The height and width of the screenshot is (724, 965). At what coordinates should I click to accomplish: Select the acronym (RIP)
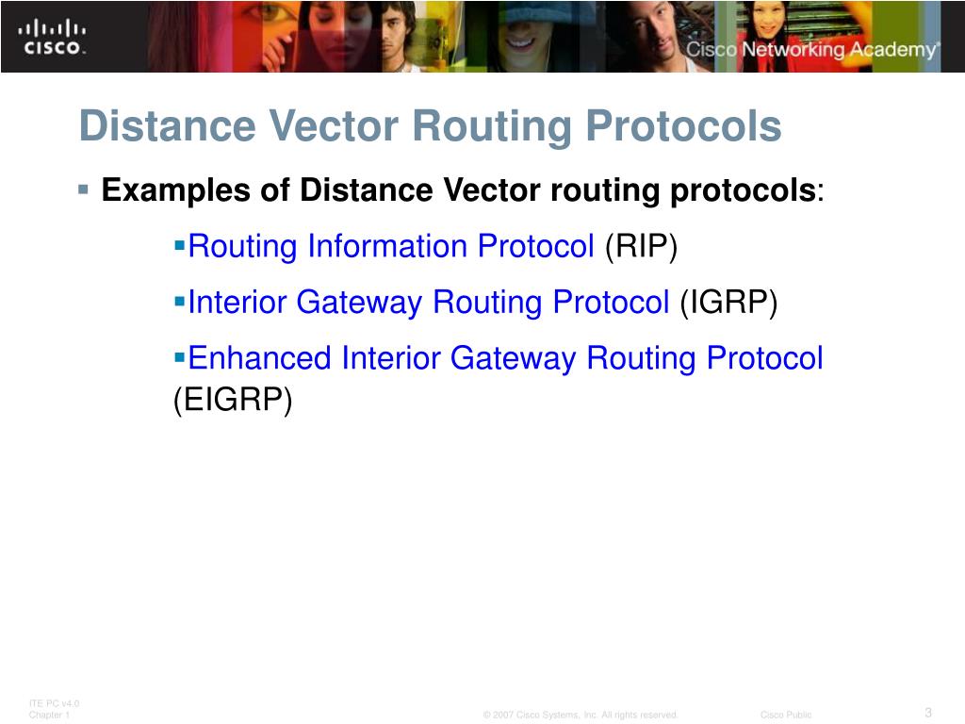[x=641, y=247]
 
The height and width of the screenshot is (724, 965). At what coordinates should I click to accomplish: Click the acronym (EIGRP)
[x=233, y=400]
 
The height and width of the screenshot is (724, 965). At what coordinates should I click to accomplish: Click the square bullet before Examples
[x=84, y=189]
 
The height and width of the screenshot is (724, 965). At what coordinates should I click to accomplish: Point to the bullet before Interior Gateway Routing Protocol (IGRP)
[x=180, y=302]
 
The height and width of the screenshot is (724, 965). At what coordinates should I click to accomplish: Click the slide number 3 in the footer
[x=928, y=712]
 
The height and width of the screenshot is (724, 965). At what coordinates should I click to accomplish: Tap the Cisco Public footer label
[x=786, y=715]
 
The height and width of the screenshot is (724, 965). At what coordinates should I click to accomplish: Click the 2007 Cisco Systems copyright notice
[x=581, y=715]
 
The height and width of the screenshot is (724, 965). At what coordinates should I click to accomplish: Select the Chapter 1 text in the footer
[x=50, y=715]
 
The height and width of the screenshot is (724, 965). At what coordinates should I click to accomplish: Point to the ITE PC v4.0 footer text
[x=55, y=703]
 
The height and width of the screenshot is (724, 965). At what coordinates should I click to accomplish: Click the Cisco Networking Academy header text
[x=811, y=50]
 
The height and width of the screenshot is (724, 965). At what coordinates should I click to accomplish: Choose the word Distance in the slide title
[x=152, y=126]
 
